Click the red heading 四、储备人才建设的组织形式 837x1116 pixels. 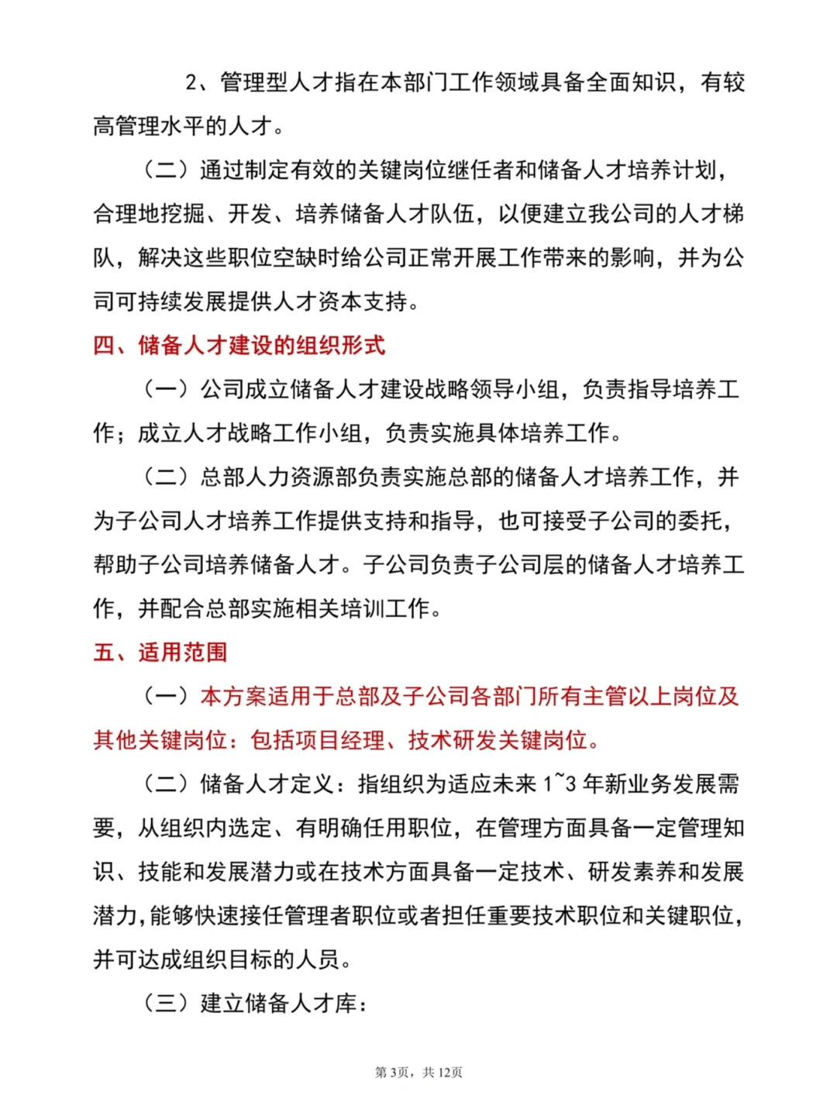239,345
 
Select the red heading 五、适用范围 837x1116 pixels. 160,653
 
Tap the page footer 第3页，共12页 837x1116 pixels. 418,1073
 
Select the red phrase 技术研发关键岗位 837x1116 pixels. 498,741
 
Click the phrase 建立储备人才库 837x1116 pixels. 278,1004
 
